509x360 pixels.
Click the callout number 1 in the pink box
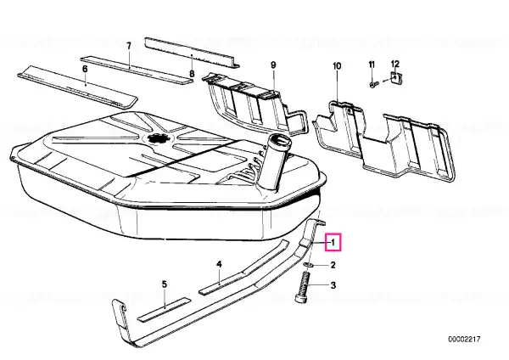333,242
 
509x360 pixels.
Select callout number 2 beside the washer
333,265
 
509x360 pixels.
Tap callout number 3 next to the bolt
333,285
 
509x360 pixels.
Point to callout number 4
219,264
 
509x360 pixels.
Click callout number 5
165,284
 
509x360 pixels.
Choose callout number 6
85,69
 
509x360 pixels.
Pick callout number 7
129,46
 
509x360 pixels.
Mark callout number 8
192,74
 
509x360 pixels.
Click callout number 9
273,65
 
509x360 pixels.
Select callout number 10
337,66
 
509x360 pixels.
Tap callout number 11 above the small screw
372,65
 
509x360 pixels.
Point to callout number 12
395,64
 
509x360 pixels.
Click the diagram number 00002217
464,340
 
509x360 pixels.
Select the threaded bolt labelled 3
303,288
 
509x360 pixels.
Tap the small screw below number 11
373,84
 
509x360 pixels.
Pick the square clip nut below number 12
395,78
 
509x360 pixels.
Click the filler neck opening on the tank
279,141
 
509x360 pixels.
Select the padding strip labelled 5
165,309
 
